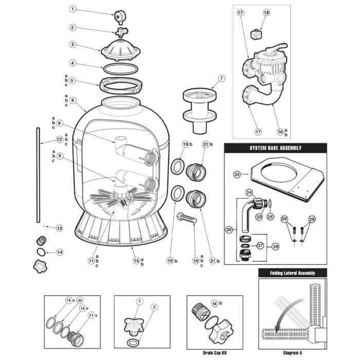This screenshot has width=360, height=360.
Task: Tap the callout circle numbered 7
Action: [222, 79]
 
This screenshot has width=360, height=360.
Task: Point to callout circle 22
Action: [237, 175]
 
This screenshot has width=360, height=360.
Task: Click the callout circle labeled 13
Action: [59, 228]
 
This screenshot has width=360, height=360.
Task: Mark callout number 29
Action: [276, 247]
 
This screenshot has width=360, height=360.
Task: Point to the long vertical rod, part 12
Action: [40, 175]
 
